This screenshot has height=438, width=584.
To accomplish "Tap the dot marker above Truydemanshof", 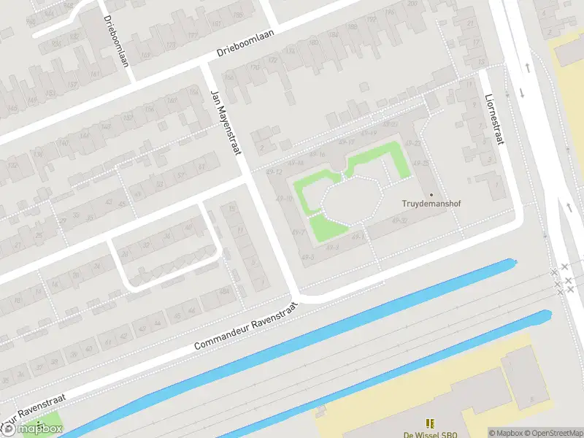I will (431, 194).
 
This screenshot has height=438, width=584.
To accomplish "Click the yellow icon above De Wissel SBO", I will (430, 423).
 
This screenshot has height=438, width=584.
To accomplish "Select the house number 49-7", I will (298, 232).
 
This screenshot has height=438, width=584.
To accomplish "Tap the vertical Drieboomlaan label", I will (116, 40).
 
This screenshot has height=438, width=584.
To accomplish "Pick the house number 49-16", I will (318, 154).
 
